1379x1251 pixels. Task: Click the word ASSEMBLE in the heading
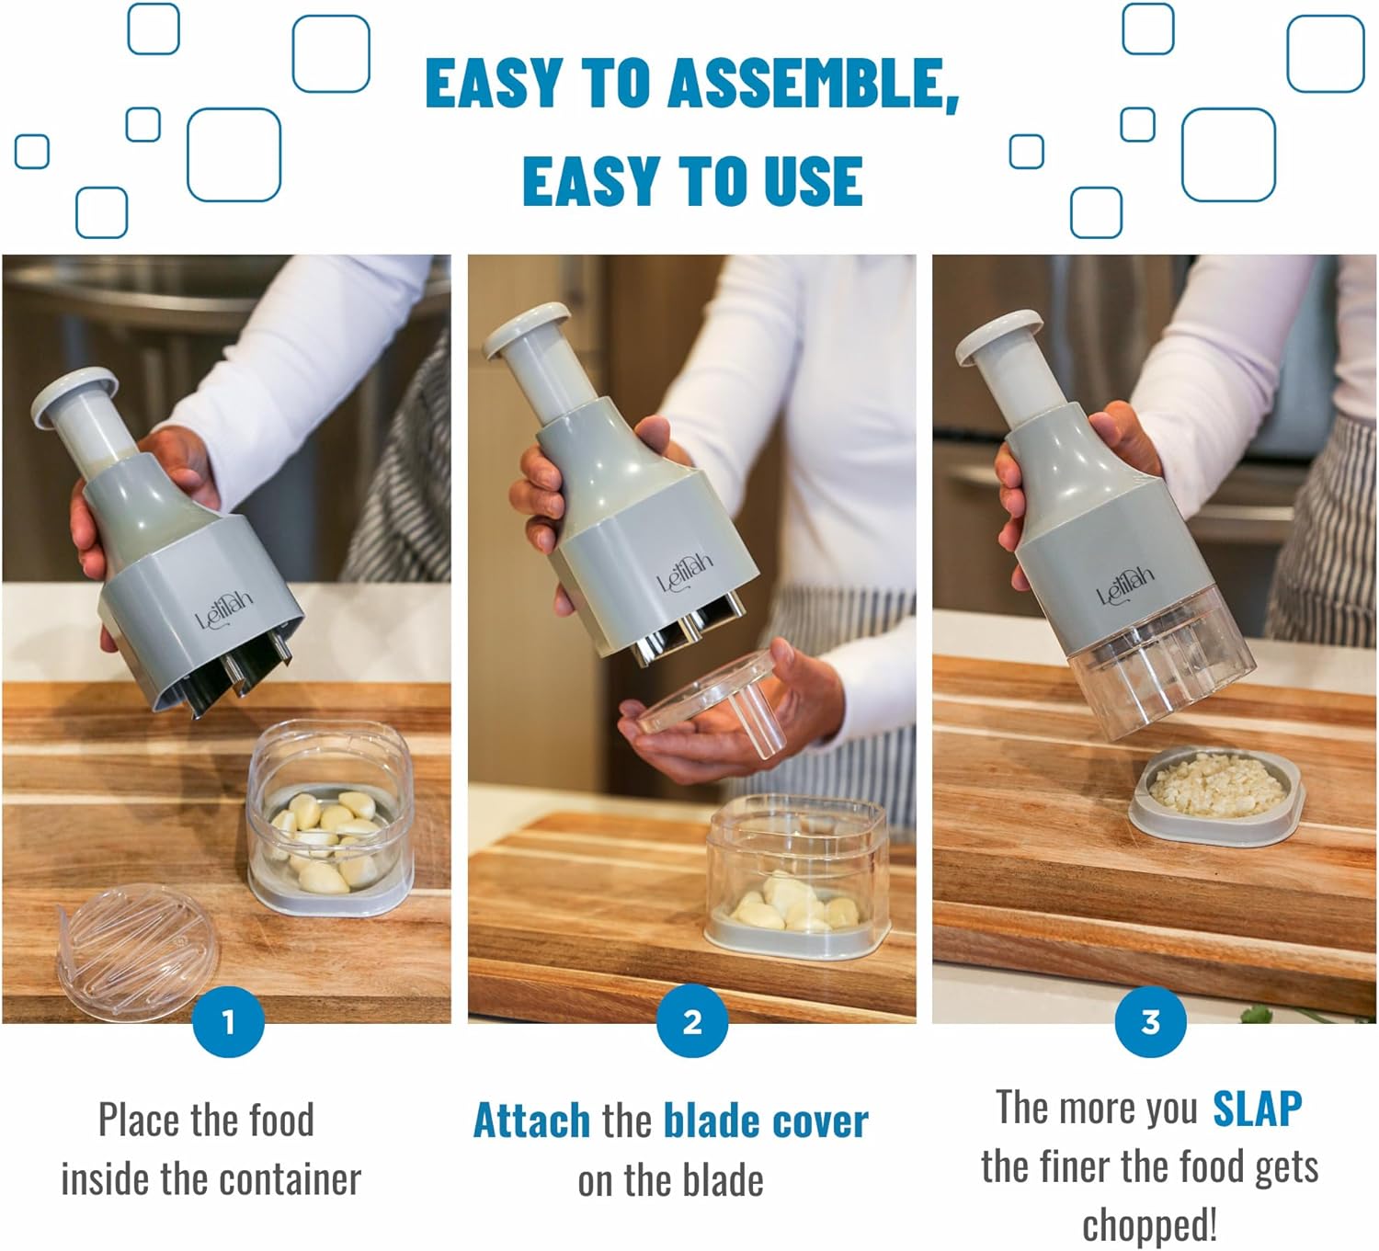pos(805,84)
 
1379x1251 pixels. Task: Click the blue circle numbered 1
pos(229,1021)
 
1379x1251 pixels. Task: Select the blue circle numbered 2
pos(692,1021)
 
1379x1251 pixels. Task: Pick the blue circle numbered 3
pos(1150,1021)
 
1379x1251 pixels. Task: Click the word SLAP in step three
pos(1257,1109)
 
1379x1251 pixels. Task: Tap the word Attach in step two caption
pos(531,1121)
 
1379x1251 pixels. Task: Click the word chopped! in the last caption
pos(1149,1225)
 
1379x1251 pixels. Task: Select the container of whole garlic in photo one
pos(329,818)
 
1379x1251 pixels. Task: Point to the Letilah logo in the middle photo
pos(685,574)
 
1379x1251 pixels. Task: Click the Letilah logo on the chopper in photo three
pos(1125,586)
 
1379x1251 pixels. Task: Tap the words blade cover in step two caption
pos(765,1121)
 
